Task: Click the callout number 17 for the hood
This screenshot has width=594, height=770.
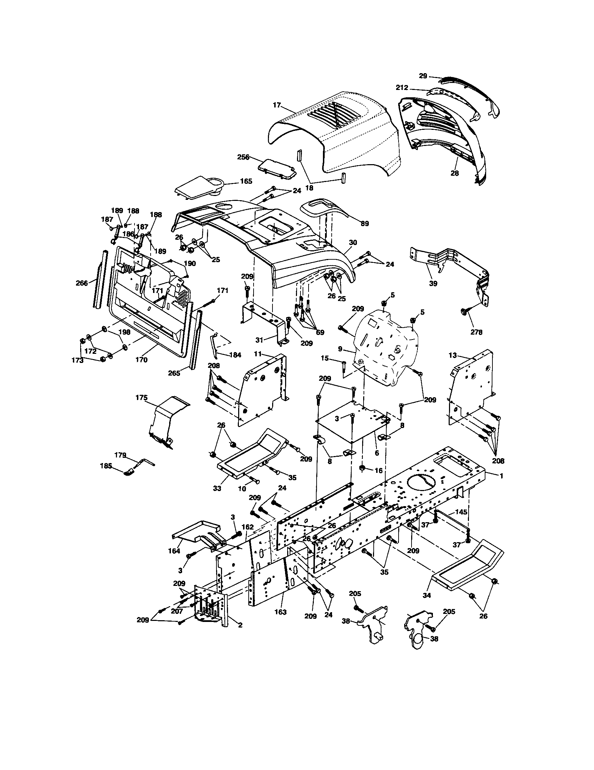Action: pos(277,105)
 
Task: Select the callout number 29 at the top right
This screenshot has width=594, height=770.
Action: pos(423,76)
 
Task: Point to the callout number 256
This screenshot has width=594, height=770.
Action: pos(243,157)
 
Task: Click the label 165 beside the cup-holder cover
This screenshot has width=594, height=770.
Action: pos(246,181)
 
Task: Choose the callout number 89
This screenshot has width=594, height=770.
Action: pos(365,224)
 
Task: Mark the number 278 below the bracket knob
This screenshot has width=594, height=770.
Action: pos(476,332)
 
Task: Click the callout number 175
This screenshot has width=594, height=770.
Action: pos(141,397)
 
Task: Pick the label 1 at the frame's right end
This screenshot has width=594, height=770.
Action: pos(501,476)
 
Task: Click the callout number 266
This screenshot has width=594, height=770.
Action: pos(82,283)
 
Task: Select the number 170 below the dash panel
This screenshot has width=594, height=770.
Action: pos(141,360)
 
